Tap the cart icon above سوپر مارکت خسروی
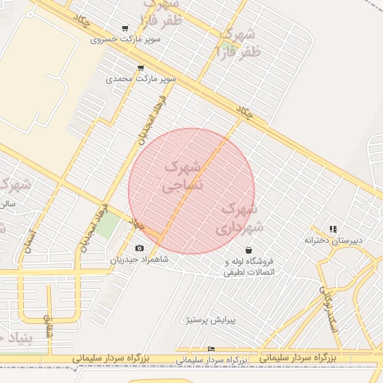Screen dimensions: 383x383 click(x=124, y=28)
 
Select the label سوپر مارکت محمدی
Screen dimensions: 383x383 click(x=141, y=78)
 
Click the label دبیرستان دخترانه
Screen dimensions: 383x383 click(x=333, y=240)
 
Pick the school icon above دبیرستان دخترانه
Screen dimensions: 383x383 click(x=334, y=229)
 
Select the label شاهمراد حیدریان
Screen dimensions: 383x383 click(x=140, y=260)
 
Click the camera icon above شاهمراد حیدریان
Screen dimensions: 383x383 click(x=140, y=248)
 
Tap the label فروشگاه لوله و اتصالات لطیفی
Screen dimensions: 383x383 click(x=249, y=266)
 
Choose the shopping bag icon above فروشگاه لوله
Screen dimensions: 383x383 click(x=248, y=250)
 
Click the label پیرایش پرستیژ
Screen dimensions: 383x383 click(x=210, y=319)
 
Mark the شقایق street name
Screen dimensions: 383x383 click(x=49, y=325)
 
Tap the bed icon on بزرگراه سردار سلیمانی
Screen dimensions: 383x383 click(x=211, y=349)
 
